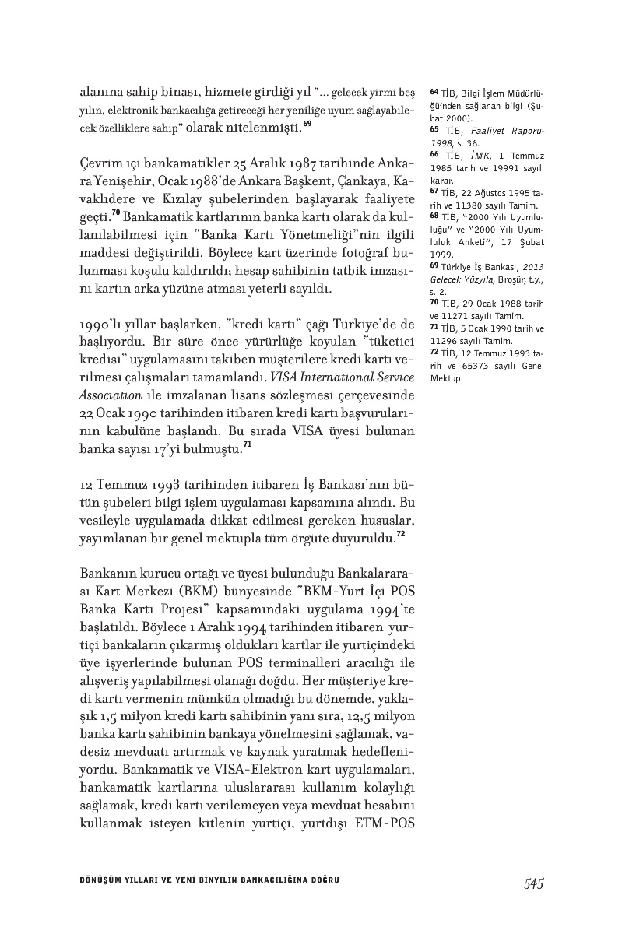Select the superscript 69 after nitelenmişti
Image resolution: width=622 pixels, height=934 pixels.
coord(308,123)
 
